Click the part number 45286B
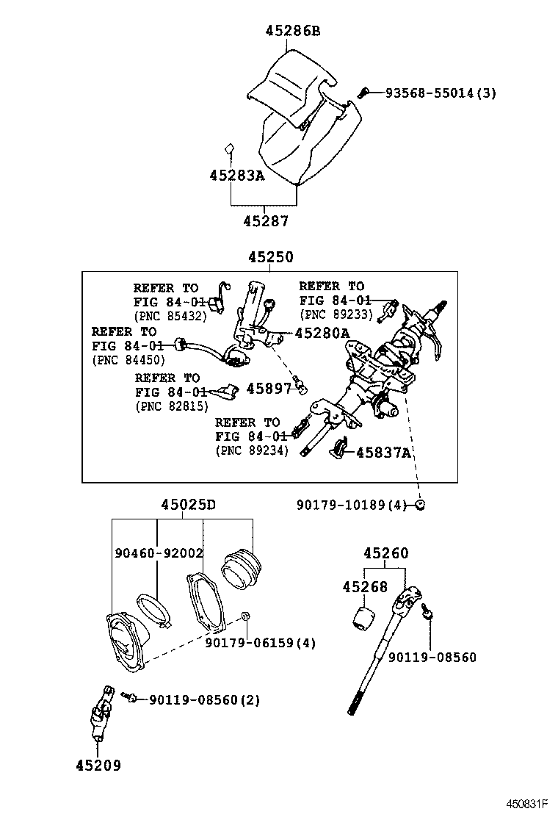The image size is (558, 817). [292, 31]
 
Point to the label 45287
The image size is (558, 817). [266, 220]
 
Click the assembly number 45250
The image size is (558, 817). [269, 257]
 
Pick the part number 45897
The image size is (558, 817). [268, 389]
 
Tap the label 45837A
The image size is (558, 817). [383, 453]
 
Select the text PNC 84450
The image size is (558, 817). [128, 359]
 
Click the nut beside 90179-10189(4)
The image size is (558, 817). [420, 504]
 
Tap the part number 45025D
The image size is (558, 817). [189, 505]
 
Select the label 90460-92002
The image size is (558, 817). [159, 552]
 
